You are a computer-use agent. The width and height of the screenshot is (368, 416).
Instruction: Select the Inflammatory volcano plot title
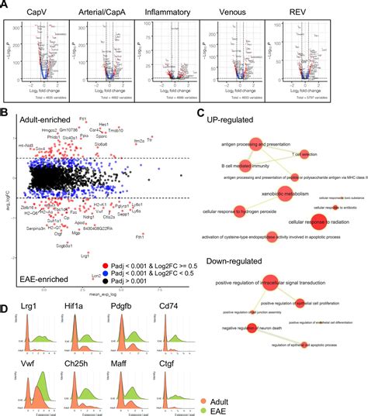pos(173,12)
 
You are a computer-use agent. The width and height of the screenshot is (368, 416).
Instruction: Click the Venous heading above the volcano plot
pos(237,12)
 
